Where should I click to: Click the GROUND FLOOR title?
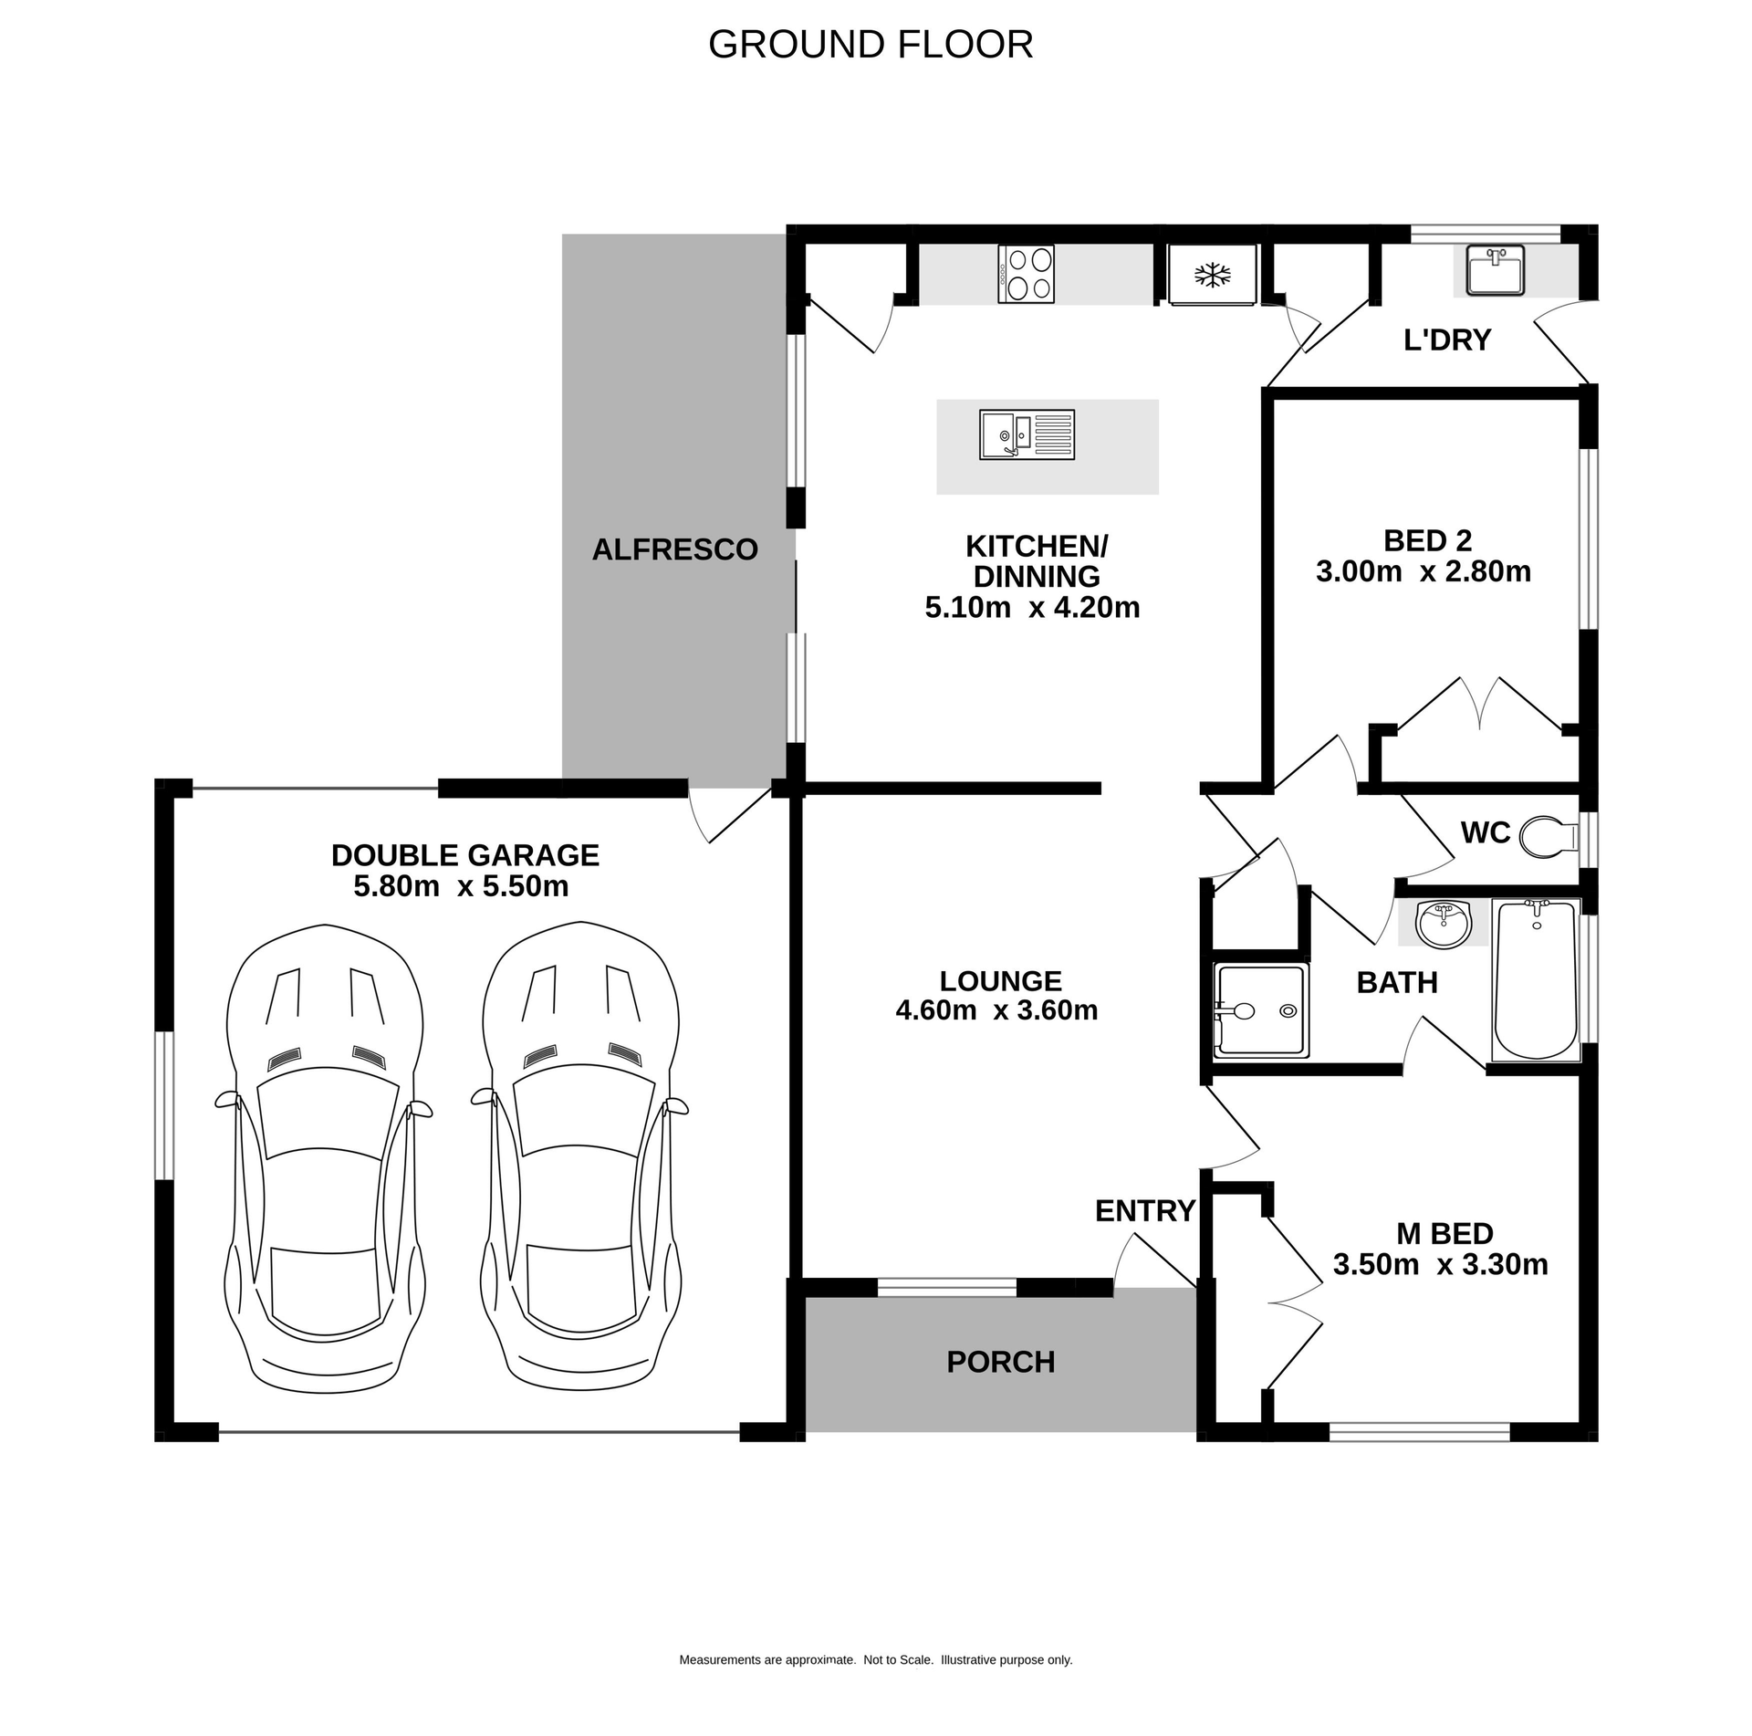[870, 45]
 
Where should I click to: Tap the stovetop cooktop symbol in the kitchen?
[1027, 273]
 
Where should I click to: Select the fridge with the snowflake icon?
[1213, 274]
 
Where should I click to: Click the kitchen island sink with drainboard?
[1027, 434]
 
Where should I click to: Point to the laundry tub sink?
[1495, 272]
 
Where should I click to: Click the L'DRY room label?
[1446, 340]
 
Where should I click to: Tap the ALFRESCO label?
[674, 549]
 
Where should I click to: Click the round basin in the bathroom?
[1443, 923]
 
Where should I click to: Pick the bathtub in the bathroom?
[1536, 979]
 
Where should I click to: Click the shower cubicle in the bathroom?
[1260, 1009]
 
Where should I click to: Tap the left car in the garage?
[324, 1159]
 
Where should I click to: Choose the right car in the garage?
[579, 1159]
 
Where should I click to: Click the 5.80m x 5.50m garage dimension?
[461, 886]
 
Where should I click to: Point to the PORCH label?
[1000, 1362]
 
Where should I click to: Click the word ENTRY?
[1144, 1211]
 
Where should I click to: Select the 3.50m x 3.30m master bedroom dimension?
[1440, 1265]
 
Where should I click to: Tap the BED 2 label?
[1427, 540]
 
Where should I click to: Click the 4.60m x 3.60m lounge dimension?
[996, 1010]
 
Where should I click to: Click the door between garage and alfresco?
[730, 815]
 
